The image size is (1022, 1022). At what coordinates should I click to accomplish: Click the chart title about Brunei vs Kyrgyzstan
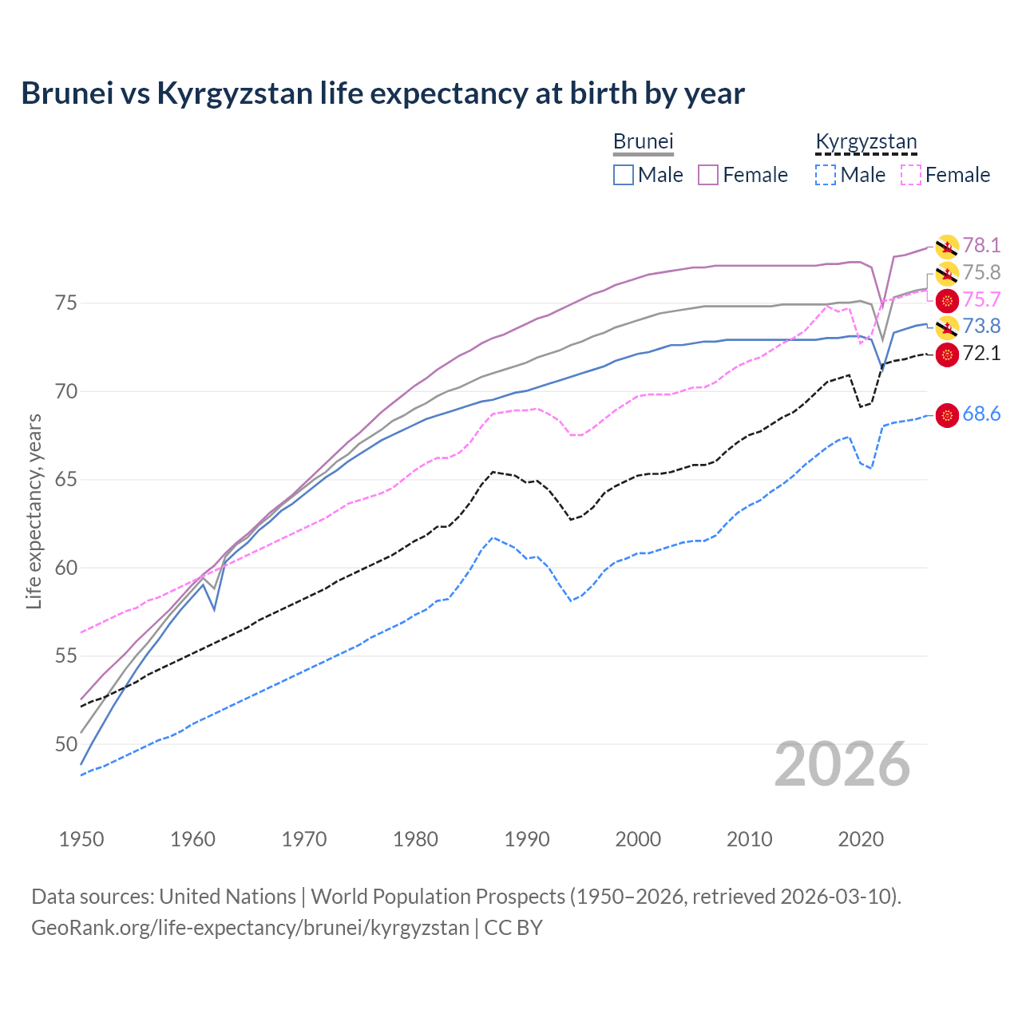(x=382, y=93)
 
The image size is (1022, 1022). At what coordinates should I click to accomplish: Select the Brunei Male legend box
(x=624, y=175)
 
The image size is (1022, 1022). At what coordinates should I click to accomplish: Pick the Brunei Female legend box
(x=708, y=175)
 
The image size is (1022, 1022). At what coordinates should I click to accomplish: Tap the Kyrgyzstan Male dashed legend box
(x=826, y=175)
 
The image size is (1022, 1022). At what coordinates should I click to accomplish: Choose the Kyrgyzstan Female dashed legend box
(x=910, y=175)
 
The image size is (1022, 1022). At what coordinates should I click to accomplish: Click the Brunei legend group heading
(x=644, y=141)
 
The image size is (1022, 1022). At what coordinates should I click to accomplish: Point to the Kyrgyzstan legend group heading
(x=866, y=141)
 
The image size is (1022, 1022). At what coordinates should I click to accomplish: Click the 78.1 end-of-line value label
(x=981, y=245)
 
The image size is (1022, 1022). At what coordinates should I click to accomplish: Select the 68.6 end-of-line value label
(x=981, y=414)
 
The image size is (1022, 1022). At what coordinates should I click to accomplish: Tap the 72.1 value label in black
(x=981, y=354)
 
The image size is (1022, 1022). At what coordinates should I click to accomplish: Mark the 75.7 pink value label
(x=981, y=300)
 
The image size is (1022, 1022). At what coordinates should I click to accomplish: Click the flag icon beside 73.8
(x=947, y=327)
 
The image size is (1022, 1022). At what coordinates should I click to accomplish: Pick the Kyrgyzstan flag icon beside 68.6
(x=947, y=415)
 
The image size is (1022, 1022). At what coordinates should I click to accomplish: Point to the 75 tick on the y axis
(x=65, y=303)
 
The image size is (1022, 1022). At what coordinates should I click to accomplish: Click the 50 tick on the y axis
(x=65, y=744)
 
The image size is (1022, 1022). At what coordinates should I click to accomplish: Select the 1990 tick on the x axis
(x=527, y=839)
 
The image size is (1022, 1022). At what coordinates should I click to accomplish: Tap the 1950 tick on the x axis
(x=81, y=839)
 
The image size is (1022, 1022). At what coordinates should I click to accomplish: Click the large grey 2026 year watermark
(x=842, y=764)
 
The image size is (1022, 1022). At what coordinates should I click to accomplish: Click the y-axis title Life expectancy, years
(x=34, y=511)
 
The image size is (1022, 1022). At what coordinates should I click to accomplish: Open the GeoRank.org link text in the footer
(x=250, y=928)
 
